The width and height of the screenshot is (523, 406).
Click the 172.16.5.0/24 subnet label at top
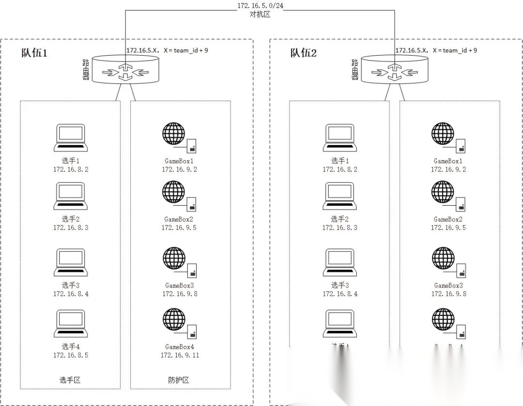(x=257, y=5)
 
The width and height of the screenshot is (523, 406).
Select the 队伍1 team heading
(x=34, y=53)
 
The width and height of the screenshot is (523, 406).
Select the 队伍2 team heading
(x=304, y=53)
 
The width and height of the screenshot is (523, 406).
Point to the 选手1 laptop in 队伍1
(x=71, y=138)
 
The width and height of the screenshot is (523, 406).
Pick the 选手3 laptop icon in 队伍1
(x=71, y=263)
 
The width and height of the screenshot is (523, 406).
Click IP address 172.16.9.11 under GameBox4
(x=180, y=355)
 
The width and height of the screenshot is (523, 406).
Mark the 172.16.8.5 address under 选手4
(x=71, y=355)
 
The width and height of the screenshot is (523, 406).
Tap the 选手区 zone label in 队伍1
(x=70, y=380)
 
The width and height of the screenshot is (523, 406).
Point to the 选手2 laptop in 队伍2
(x=340, y=196)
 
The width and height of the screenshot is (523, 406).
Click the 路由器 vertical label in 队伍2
(x=354, y=70)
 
